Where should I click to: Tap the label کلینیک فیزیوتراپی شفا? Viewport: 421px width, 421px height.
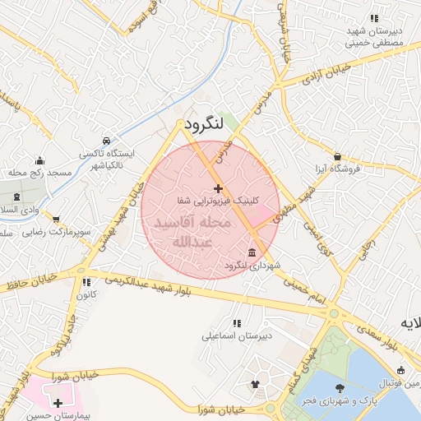click(x=218, y=200)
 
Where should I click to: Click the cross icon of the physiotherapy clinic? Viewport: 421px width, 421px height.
click(x=217, y=189)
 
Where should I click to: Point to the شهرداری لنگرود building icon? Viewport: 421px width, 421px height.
click(x=251, y=252)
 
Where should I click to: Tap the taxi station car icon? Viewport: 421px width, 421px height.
click(x=106, y=141)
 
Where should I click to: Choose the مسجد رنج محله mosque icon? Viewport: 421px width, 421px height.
click(x=39, y=160)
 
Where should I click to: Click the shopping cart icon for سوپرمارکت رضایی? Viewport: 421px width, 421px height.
click(x=56, y=220)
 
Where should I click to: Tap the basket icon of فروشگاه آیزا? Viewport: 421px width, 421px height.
click(x=337, y=156)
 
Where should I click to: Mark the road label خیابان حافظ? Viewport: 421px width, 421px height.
click(x=29, y=282)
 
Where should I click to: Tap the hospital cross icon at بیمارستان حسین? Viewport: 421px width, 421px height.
click(x=58, y=403)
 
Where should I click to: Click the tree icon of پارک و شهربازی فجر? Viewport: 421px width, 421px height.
click(x=339, y=388)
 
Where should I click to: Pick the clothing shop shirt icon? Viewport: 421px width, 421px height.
click(x=255, y=384)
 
